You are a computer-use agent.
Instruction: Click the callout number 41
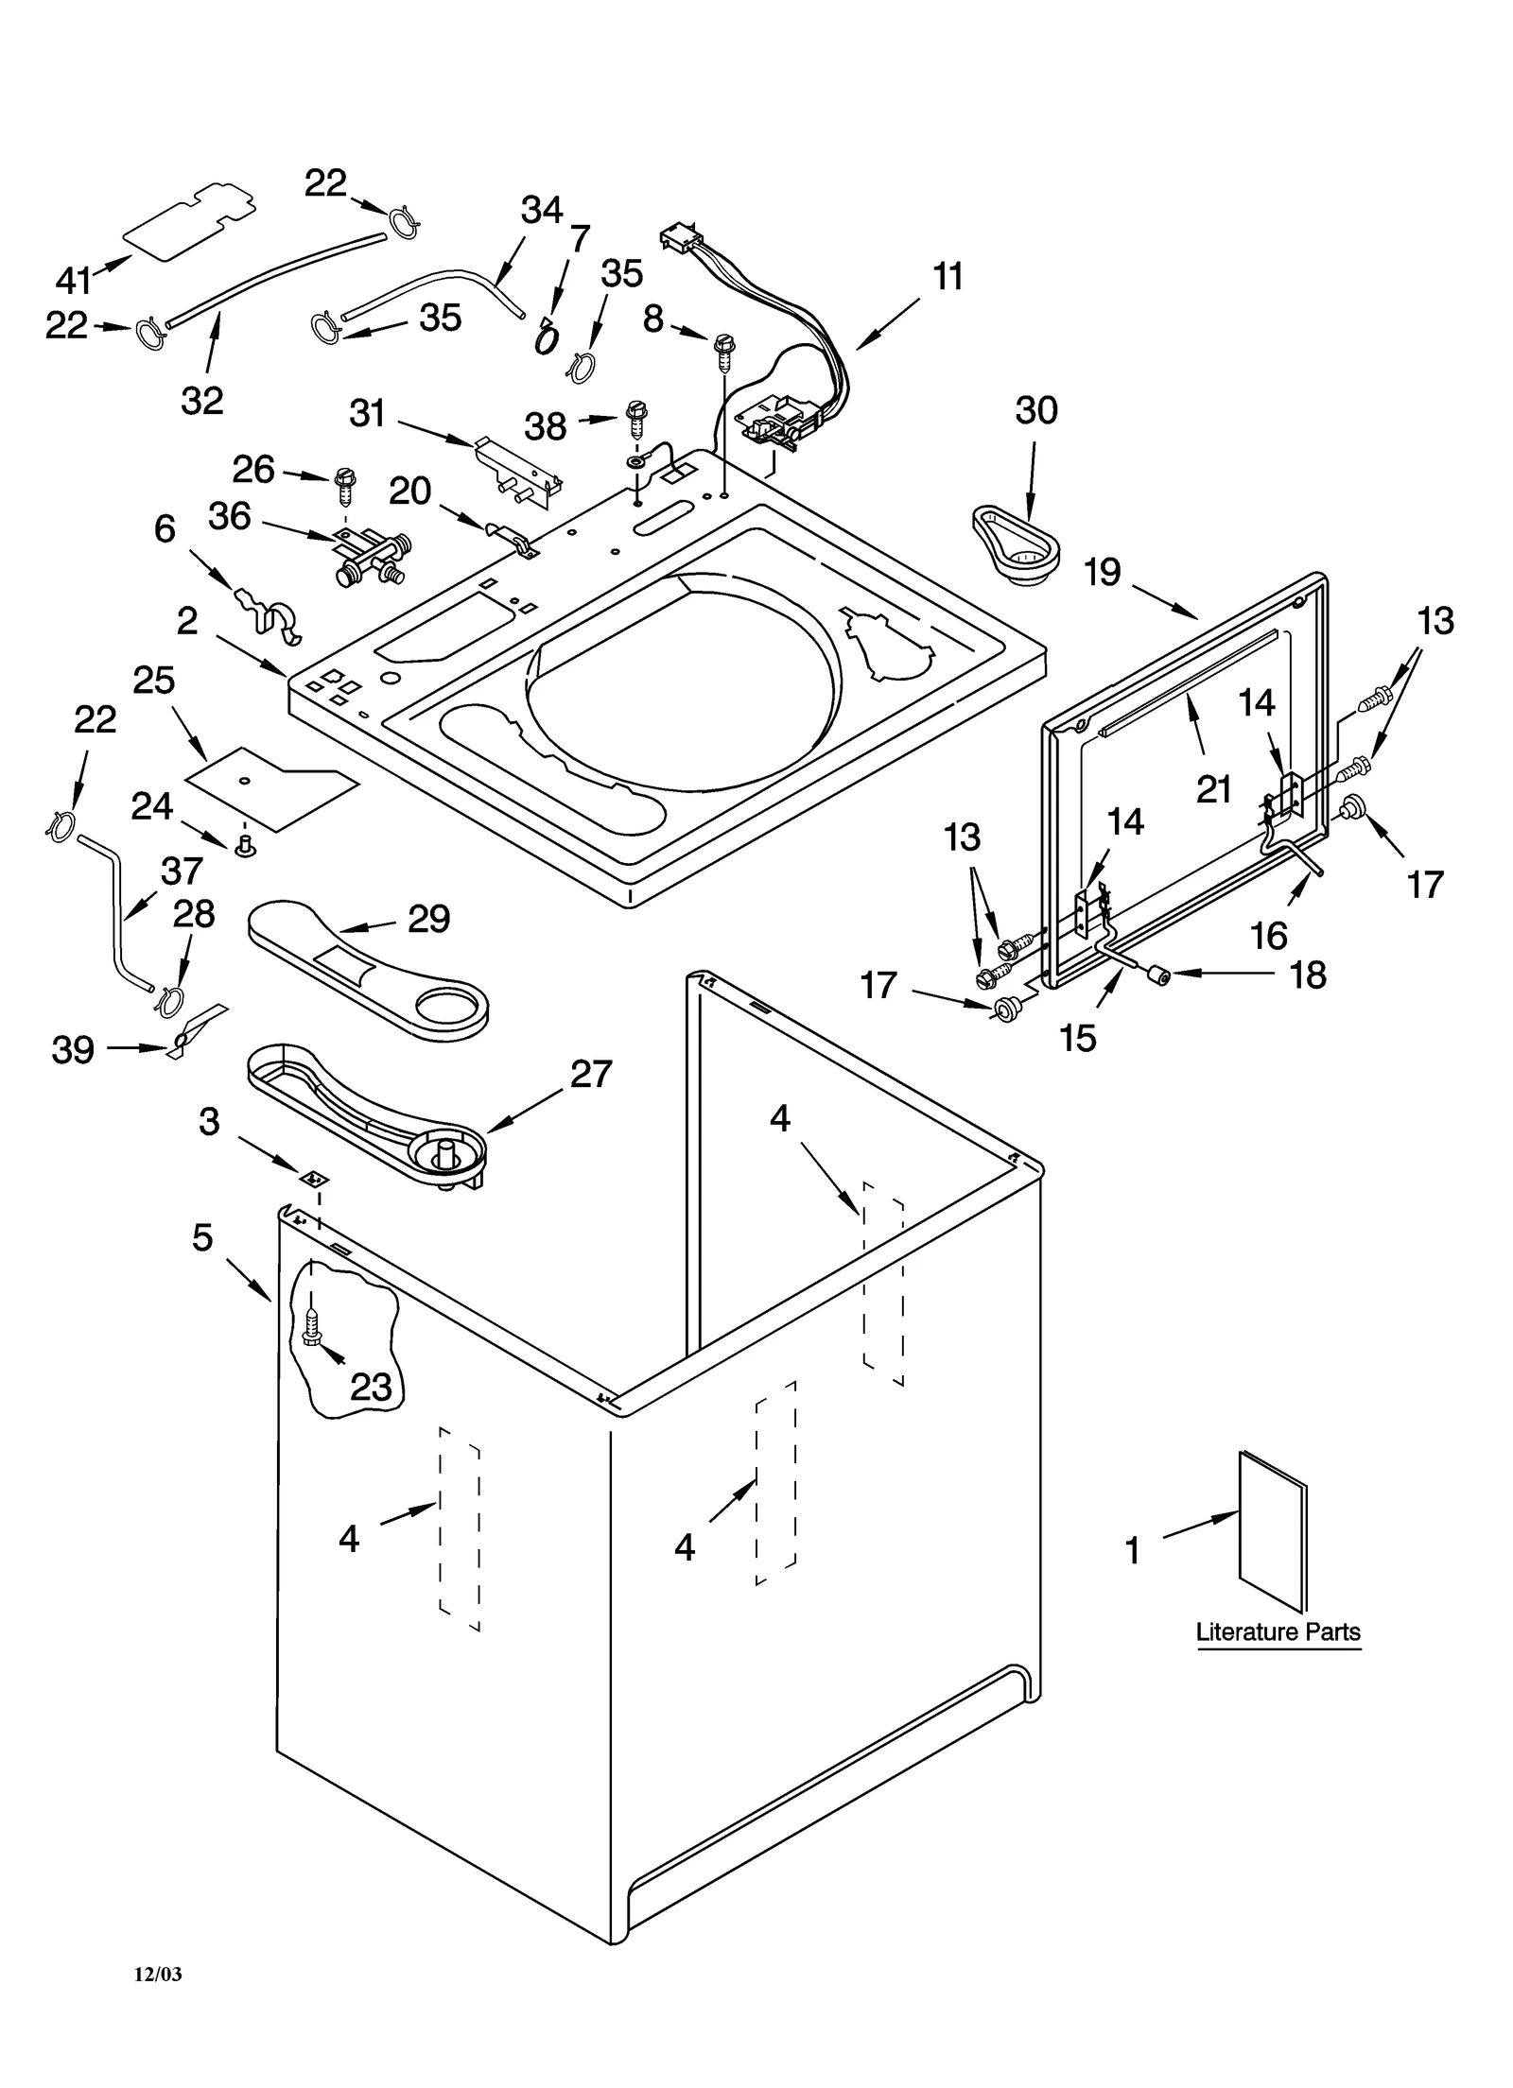click(73, 280)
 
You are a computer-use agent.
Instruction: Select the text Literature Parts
click(1278, 1631)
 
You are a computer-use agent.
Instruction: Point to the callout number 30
click(1035, 410)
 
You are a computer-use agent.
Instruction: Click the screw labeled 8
click(725, 348)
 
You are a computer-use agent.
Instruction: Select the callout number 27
click(590, 1074)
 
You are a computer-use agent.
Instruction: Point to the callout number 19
click(1102, 572)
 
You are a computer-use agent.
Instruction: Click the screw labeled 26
click(344, 483)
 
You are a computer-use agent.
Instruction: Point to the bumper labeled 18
click(1156, 975)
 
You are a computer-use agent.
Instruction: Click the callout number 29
click(428, 918)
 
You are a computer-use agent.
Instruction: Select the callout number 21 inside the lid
click(1213, 788)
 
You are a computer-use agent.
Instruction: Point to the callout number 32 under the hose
click(201, 400)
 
